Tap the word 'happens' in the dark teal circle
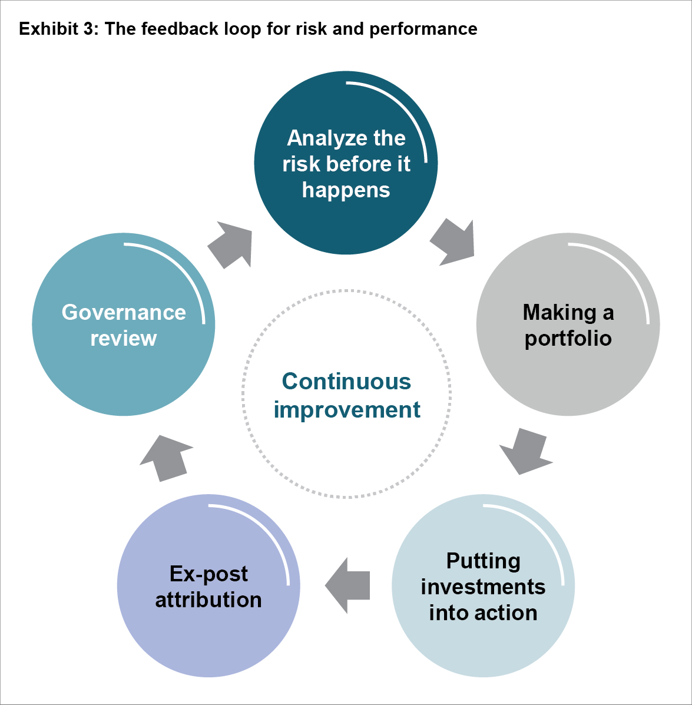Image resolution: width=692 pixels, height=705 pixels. (x=346, y=190)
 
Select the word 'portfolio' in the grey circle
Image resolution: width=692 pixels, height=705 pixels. (x=568, y=339)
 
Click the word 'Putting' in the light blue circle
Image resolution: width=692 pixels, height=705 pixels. (x=483, y=561)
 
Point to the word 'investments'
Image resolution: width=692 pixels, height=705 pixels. (x=483, y=587)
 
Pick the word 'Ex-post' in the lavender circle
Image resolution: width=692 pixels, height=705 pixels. (x=208, y=574)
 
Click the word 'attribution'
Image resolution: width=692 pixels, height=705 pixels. (x=208, y=600)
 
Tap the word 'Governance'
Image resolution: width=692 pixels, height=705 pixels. (x=124, y=312)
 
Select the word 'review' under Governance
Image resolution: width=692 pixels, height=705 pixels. (x=124, y=338)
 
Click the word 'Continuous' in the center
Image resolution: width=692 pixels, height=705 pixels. (x=346, y=381)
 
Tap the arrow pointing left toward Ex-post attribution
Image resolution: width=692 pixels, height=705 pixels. (x=347, y=585)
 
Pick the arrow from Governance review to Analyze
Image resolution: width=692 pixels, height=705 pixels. (x=232, y=244)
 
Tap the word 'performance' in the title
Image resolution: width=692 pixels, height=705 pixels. (x=423, y=29)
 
